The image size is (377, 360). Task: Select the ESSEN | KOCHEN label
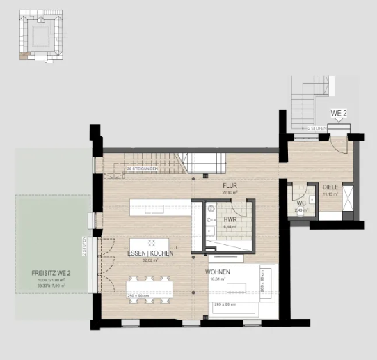pos(150,253)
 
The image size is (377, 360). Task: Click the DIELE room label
pos(330,187)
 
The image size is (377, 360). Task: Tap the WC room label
pos(301,203)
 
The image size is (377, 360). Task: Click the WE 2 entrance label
pos(338,112)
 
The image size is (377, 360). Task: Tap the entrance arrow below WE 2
pos(338,120)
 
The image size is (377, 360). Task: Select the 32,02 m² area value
pos(150,260)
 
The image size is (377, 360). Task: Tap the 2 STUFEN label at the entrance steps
pos(318,128)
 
